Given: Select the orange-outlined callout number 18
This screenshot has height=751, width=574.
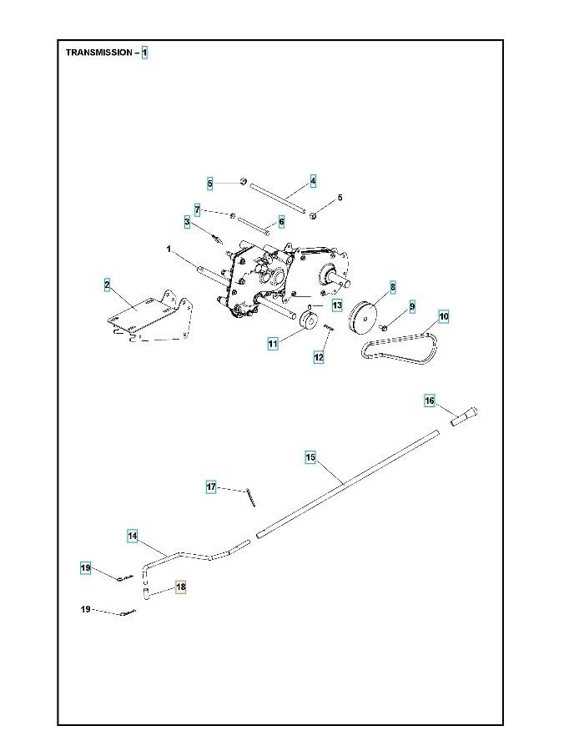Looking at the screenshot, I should click(x=181, y=587).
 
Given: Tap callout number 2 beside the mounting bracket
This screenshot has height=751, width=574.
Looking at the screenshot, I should click(x=107, y=285).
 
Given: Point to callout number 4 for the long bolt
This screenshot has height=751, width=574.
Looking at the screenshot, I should click(x=313, y=180).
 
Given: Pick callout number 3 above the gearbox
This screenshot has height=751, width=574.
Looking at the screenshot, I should click(x=188, y=221).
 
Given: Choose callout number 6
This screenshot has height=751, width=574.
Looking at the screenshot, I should click(x=281, y=222).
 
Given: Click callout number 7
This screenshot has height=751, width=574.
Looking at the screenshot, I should click(x=198, y=209).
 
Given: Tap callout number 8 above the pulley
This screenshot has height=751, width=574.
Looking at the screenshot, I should click(x=393, y=286).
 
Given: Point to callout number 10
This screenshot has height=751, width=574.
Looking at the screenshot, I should click(x=443, y=316).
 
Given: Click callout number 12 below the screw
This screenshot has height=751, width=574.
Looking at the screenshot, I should click(x=318, y=357).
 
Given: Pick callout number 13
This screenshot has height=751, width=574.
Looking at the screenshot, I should click(x=336, y=305).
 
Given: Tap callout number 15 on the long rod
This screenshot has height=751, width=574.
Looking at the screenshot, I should click(x=310, y=457).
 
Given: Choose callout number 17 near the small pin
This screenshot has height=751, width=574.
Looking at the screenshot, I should click(x=212, y=486).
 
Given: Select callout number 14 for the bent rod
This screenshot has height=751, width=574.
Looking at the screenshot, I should click(x=133, y=535).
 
